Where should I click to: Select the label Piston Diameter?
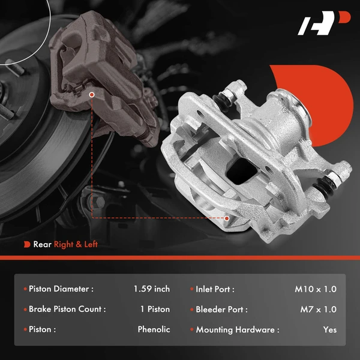[x=61, y=289]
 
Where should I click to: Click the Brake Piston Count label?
[x=67, y=310]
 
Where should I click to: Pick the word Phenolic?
[x=154, y=329]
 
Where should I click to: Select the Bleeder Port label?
[x=221, y=310]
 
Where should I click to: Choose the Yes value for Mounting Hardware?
[x=329, y=329]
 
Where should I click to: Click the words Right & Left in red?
[x=76, y=244]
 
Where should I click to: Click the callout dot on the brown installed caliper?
[x=92, y=94]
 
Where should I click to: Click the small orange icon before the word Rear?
[x=27, y=244]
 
